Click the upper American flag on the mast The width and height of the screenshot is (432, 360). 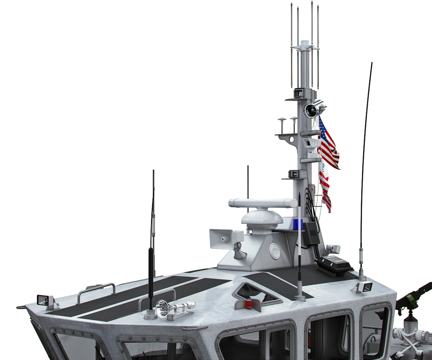click(x=328, y=143)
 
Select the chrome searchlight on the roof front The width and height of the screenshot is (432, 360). click(x=163, y=307)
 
